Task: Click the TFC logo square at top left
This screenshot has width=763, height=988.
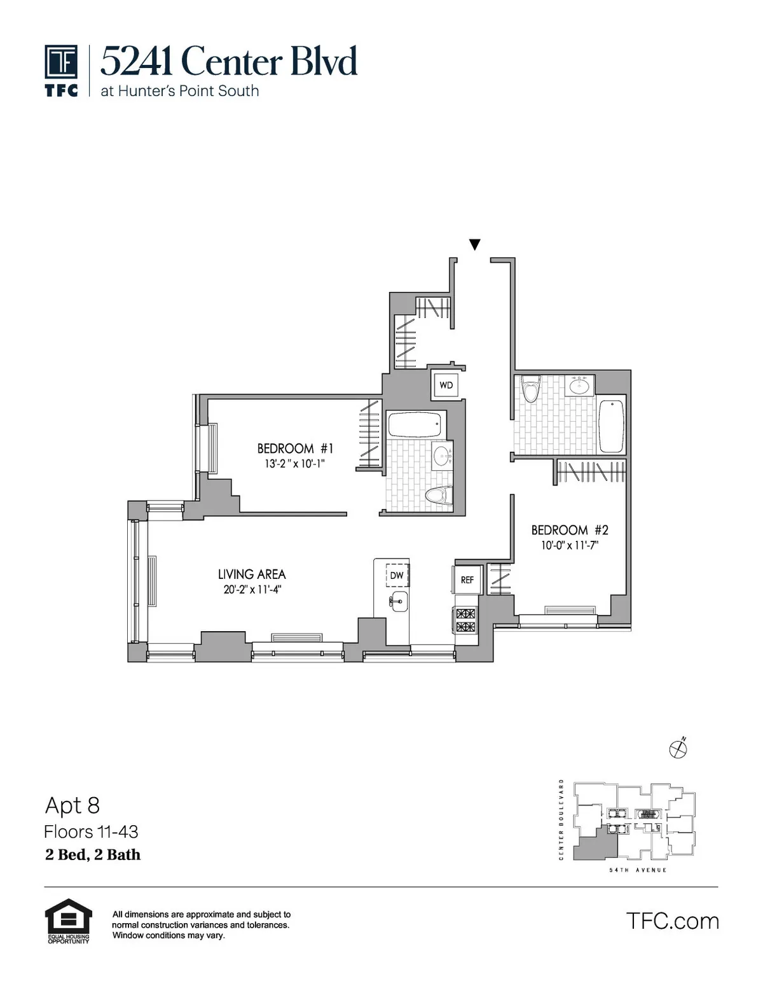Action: [61, 62]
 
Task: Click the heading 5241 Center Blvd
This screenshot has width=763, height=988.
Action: [229, 62]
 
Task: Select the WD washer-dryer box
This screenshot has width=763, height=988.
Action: [446, 385]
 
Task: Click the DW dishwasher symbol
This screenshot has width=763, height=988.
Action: [397, 575]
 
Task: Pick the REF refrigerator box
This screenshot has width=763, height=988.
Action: [467, 580]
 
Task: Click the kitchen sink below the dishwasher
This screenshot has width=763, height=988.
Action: [399, 601]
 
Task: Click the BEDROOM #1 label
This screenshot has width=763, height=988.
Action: [295, 448]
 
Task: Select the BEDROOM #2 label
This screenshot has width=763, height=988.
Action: [570, 530]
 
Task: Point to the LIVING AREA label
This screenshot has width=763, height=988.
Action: [252, 574]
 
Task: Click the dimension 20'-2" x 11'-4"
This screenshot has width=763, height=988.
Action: [252, 590]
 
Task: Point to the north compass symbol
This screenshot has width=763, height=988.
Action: [678, 749]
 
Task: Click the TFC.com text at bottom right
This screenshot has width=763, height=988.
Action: [672, 921]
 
